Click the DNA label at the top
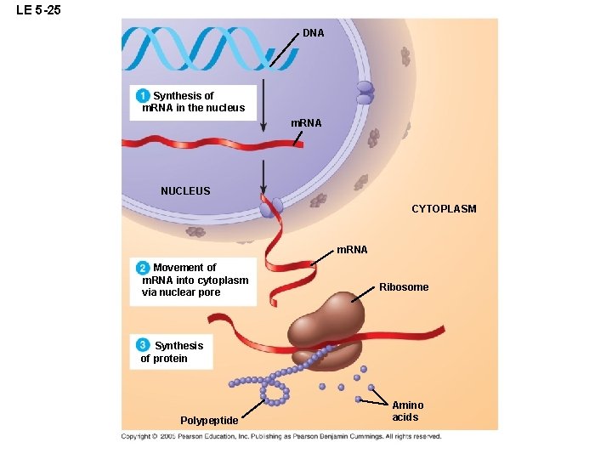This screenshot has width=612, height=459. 314,33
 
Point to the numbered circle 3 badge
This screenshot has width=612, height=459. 144,345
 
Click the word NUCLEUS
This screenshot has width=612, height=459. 185,191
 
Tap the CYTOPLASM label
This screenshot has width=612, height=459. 444,208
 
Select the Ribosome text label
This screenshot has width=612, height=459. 404,287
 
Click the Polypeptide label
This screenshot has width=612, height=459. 209,421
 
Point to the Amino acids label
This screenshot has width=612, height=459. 407,411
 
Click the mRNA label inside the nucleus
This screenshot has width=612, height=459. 306,124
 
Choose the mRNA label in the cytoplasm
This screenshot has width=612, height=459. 352,250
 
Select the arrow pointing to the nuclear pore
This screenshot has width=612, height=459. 264,178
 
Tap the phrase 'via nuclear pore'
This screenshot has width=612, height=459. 181,292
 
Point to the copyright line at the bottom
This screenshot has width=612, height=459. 280,437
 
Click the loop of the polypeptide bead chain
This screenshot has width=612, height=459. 273,393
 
